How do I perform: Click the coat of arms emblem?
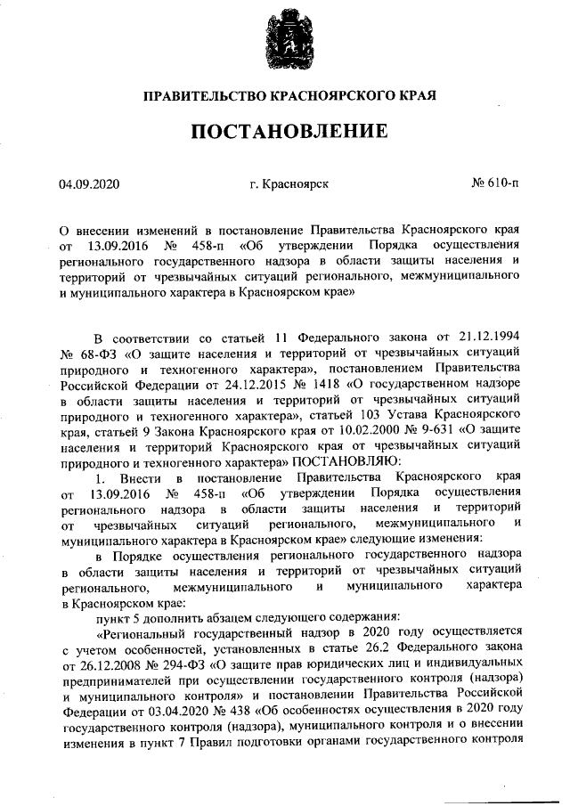(x=286, y=37)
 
